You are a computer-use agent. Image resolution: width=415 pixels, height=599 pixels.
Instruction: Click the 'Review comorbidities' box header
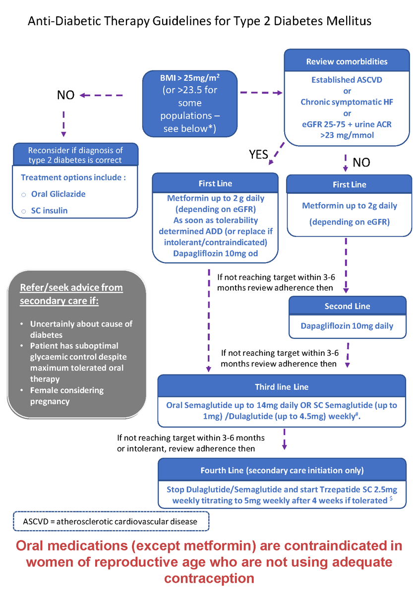click(347, 62)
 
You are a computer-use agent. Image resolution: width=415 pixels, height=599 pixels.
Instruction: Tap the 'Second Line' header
click(347, 306)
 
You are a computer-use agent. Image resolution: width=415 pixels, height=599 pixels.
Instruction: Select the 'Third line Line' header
click(282, 387)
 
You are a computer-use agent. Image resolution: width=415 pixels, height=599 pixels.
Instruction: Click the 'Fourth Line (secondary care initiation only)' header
click(282, 470)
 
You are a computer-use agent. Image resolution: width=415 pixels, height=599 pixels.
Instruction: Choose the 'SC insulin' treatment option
click(49, 211)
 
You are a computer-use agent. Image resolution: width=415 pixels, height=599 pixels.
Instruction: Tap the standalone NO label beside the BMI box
click(65, 95)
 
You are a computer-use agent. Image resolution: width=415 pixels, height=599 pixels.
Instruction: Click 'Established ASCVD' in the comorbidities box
click(347, 80)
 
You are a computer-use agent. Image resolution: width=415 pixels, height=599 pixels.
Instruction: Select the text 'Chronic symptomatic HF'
click(347, 102)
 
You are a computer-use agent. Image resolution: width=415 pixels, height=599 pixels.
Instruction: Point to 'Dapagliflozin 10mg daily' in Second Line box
click(347, 326)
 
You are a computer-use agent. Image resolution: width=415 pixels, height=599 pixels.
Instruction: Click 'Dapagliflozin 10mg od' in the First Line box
click(215, 253)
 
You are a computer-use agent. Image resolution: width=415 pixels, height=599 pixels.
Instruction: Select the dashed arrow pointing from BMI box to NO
click(101, 95)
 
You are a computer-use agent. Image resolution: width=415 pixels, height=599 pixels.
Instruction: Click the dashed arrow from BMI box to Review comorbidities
click(260, 92)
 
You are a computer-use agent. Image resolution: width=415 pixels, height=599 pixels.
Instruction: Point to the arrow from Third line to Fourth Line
click(284, 439)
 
